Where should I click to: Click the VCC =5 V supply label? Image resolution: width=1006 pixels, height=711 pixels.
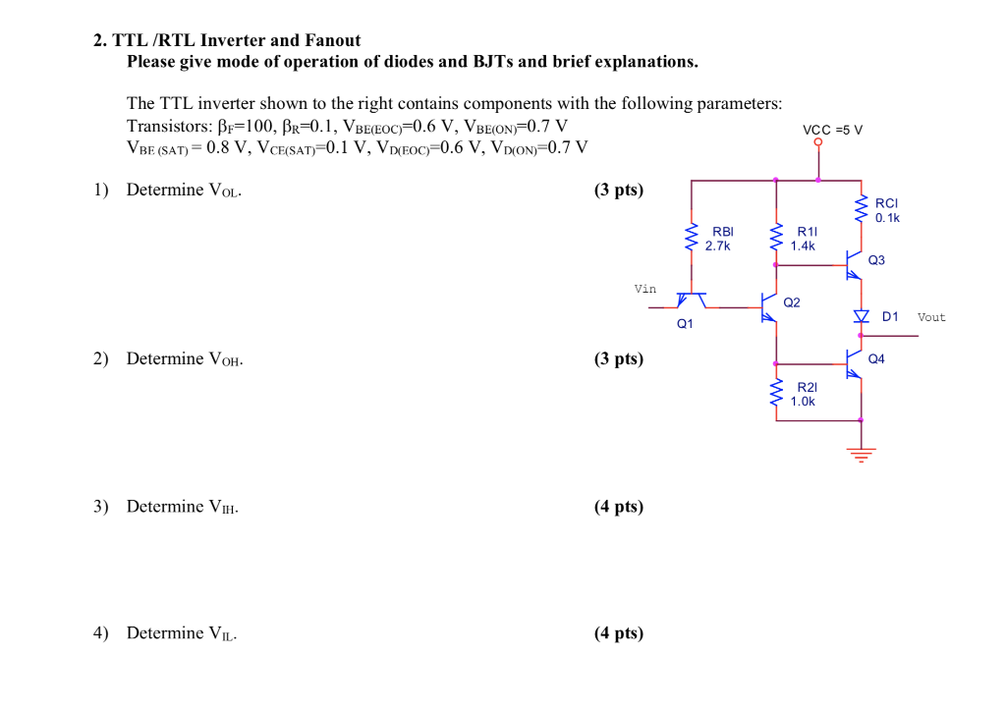[832, 130]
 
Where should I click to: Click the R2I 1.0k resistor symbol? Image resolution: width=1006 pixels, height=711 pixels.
[776, 394]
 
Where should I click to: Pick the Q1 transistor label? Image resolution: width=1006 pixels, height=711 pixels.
[684, 323]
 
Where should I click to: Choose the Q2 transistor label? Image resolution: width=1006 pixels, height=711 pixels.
[792, 302]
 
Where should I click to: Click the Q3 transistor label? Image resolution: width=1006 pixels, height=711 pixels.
[876, 260]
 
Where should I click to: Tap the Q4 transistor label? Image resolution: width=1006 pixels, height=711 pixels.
[876, 359]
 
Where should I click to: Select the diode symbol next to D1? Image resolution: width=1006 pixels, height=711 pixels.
[862, 316]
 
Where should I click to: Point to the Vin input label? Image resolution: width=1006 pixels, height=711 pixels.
[645, 289]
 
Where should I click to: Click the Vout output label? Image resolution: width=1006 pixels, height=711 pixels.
[931, 317]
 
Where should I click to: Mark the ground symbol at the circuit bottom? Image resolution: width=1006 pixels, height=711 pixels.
[862, 454]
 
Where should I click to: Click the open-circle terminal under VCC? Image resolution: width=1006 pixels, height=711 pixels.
[818, 142]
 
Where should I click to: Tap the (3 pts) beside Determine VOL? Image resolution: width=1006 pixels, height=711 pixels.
[619, 190]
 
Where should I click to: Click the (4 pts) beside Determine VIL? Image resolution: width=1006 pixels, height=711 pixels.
[619, 633]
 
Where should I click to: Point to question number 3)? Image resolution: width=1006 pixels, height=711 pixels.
[101, 507]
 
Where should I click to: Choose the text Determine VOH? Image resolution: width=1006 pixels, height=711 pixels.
[185, 358]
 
